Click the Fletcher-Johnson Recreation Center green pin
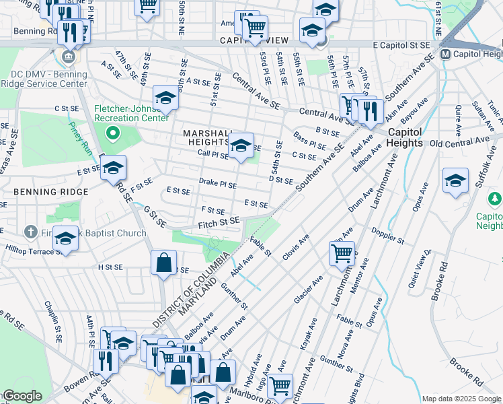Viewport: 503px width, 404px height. point(113,132)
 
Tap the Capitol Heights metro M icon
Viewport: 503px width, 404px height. point(444,54)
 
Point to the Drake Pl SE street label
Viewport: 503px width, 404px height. point(218,183)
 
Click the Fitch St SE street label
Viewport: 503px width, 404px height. point(219,222)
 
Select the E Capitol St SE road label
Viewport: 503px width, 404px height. point(401,44)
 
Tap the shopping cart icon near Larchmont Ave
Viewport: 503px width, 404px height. point(342,254)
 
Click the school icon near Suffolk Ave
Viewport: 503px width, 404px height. point(455,180)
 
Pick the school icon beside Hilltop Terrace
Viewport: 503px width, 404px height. point(65,238)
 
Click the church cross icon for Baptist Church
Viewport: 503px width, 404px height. point(30,232)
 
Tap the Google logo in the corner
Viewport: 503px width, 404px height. point(22,396)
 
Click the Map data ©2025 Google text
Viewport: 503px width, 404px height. point(461,399)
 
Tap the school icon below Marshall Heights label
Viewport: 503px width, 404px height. point(240,145)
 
